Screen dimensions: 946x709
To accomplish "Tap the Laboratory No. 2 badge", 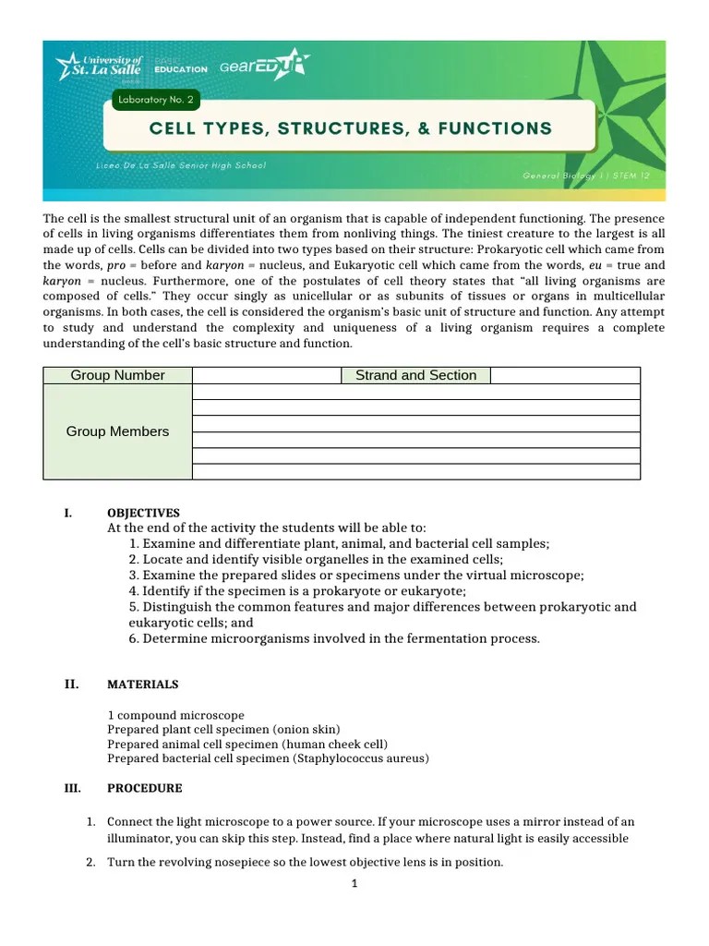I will [153, 99].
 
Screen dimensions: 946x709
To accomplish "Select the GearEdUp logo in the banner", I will [264, 66].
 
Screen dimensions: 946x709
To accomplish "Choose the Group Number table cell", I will [117, 375].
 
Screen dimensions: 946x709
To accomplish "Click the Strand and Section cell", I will [415, 375].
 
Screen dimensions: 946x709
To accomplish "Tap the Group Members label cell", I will [117, 431].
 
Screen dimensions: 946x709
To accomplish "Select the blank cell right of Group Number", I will [267, 375].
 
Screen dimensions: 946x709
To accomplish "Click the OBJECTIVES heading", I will [143, 513].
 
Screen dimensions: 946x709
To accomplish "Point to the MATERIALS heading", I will [143, 685].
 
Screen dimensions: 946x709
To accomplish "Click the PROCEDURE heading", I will [145, 788].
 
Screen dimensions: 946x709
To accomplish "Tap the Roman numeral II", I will [71, 685].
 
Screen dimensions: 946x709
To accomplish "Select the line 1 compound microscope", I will [175, 715].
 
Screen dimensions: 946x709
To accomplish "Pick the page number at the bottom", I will [354, 883].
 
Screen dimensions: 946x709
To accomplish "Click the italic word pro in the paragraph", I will [117, 265].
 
